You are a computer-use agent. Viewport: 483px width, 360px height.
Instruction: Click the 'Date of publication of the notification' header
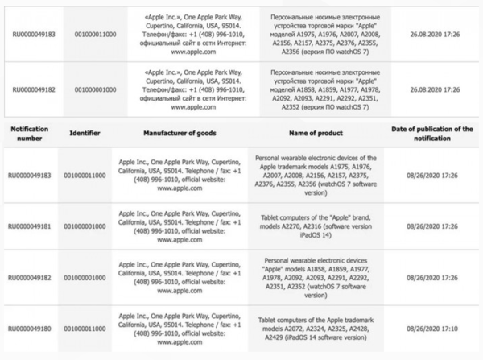tap(431, 133)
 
